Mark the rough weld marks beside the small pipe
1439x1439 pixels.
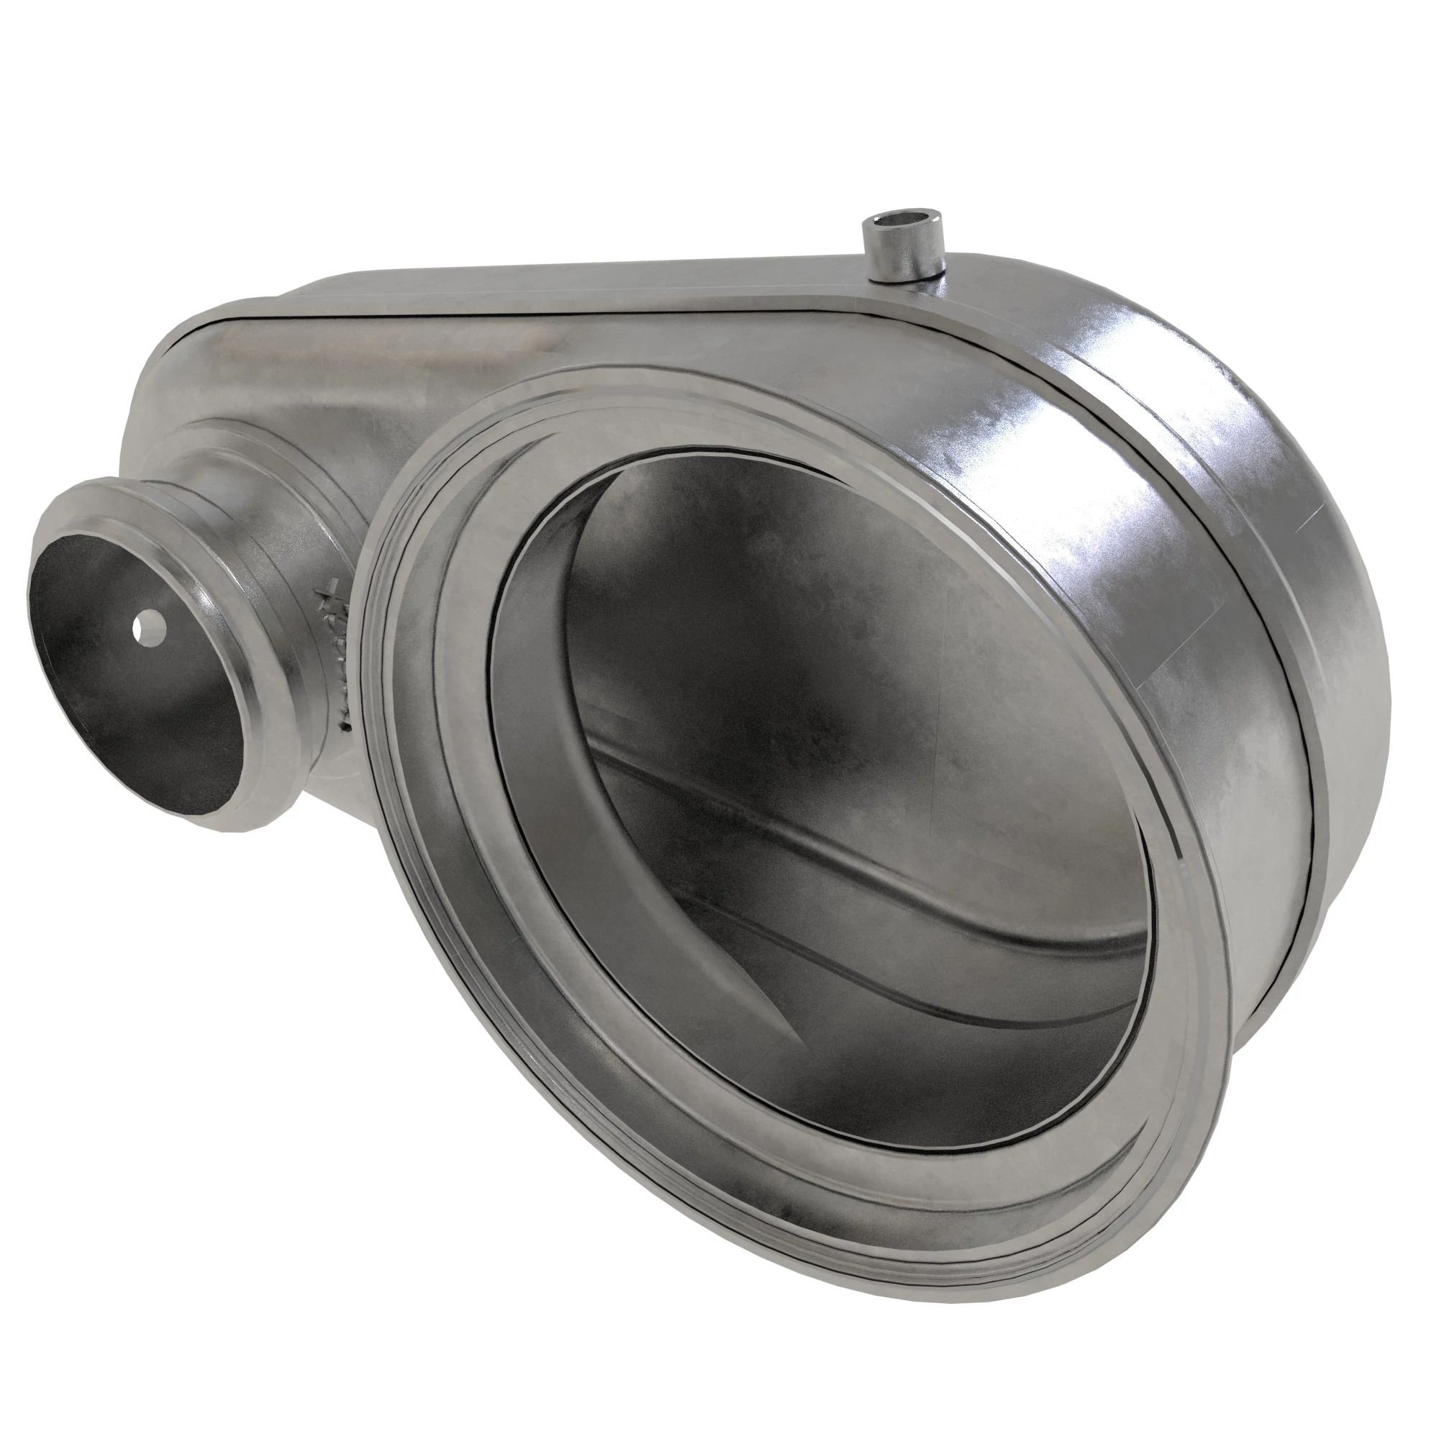tap(339, 640)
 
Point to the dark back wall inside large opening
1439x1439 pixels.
tap(745, 596)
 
